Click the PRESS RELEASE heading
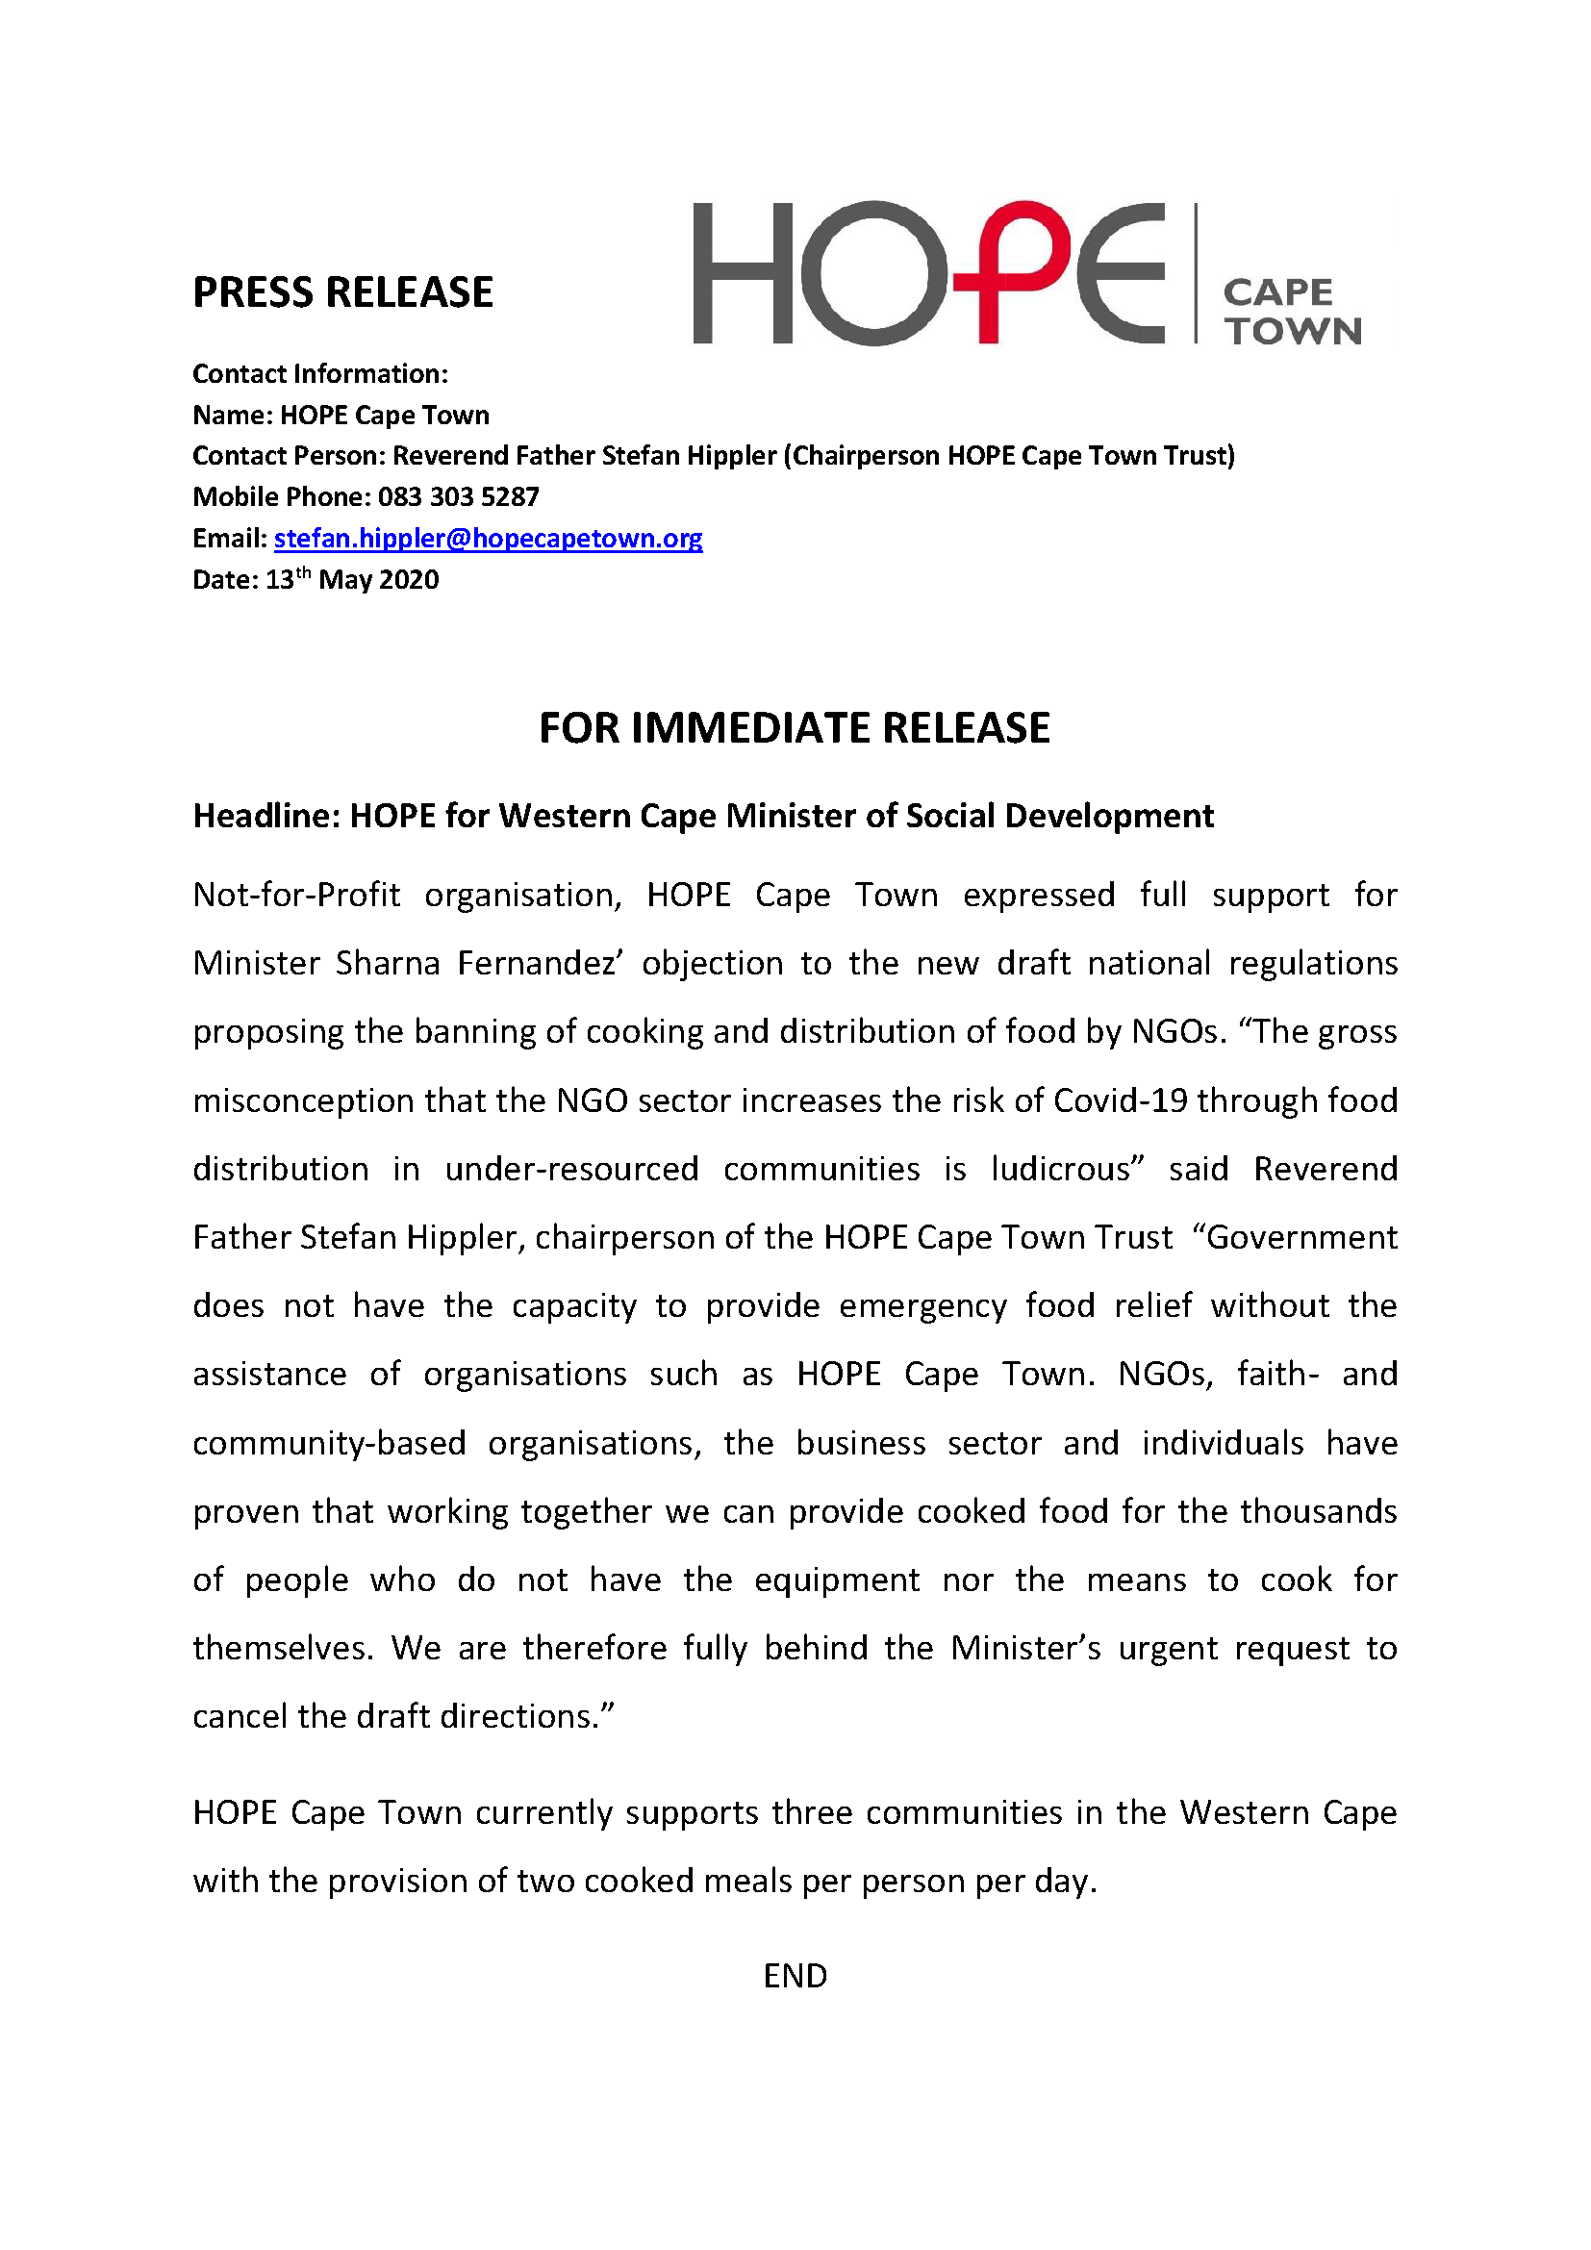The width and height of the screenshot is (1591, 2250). click(x=341, y=292)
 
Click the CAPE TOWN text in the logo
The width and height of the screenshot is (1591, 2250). click(x=1291, y=312)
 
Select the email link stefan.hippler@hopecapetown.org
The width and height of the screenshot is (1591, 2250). click(x=488, y=538)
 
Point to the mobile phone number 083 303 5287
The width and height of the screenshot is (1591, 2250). click(x=459, y=496)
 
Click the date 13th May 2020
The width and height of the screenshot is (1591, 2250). click(x=353, y=579)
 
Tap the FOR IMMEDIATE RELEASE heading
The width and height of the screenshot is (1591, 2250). click(x=795, y=728)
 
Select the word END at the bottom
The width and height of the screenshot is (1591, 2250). click(x=795, y=1976)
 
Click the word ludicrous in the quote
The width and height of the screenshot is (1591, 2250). click(x=1067, y=1169)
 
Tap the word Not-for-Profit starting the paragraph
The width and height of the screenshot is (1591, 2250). click(x=296, y=895)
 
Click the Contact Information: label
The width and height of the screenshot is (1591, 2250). click(x=319, y=373)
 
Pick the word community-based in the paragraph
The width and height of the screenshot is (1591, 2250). click(x=329, y=1444)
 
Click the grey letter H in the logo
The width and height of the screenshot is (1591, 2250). click(x=742, y=273)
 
